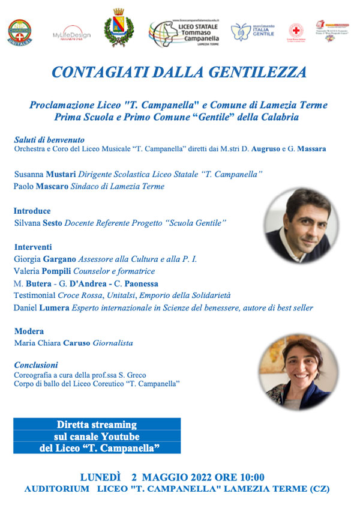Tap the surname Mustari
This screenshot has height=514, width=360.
(55, 174)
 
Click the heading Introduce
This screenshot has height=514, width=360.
(32, 211)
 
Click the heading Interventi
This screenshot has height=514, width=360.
(32, 247)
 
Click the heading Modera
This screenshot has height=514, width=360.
(28, 331)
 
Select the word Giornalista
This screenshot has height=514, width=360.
(113, 343)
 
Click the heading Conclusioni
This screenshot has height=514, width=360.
(36, 364)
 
